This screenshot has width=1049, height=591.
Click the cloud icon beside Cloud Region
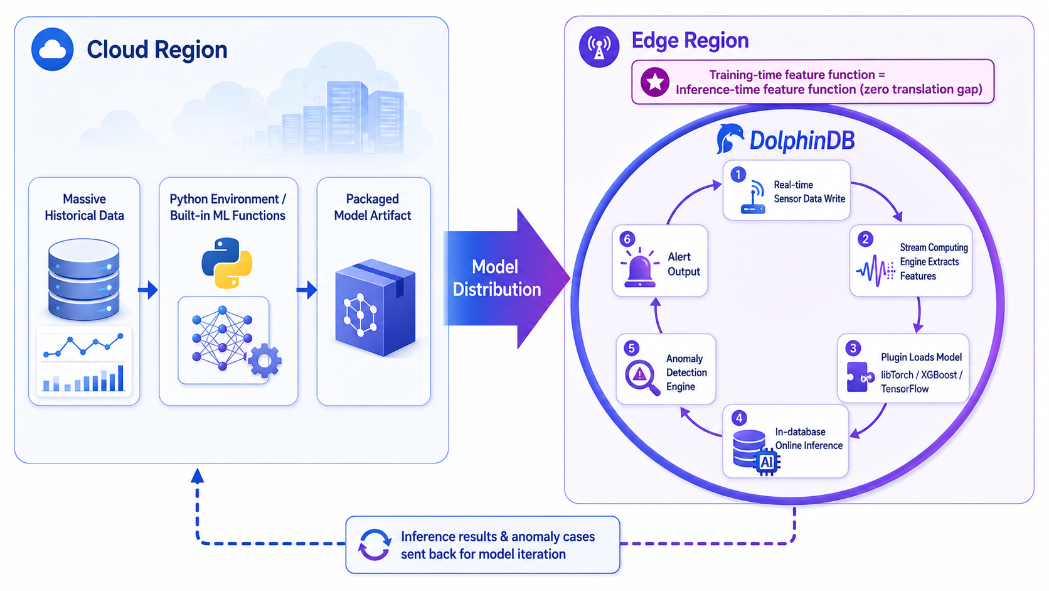tap(52, 49)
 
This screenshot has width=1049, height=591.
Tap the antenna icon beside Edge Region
tap(599, 47)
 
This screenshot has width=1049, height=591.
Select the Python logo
tap(227, 263)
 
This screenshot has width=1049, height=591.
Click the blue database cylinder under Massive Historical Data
tap(84, 279)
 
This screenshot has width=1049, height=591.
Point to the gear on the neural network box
tap(265, 361)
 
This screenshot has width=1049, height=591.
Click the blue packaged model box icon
tap(375, 308)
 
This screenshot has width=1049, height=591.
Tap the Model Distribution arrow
tap(506, 278)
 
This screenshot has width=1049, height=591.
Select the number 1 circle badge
tap(738, 175)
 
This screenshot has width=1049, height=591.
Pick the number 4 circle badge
tap(739, 418)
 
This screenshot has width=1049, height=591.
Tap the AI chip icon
tap(767, 462)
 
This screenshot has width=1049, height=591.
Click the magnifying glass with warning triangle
tap(642, 376)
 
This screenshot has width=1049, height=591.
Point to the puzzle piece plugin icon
tap(860, 377)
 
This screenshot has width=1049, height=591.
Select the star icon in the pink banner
tap(655, 82)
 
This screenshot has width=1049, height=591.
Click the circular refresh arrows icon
tap(374, 545)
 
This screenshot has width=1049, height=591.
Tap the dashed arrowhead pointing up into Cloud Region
tap(197, 475)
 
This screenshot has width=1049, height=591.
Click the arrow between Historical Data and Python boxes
tap(148, 290)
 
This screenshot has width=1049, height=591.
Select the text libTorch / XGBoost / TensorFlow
tap(921, 381)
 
